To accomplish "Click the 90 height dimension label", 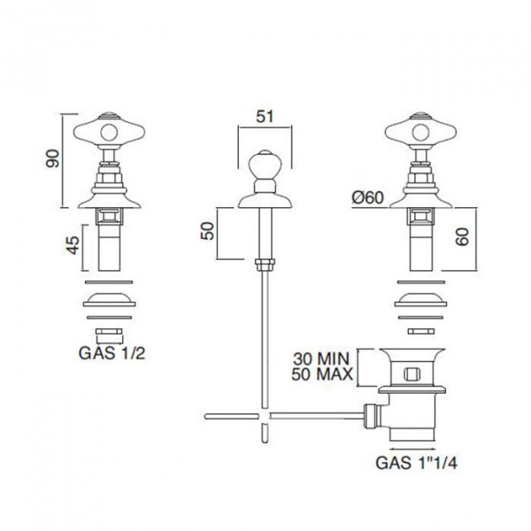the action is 52,158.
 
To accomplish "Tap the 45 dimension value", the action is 73,245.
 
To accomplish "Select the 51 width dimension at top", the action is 265,117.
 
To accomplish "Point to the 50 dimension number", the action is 208,231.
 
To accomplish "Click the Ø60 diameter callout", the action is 367,197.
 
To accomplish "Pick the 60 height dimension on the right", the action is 462,236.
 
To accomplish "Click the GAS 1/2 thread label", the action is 112,353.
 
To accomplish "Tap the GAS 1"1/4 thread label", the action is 417,462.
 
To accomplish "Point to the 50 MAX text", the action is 322,374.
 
